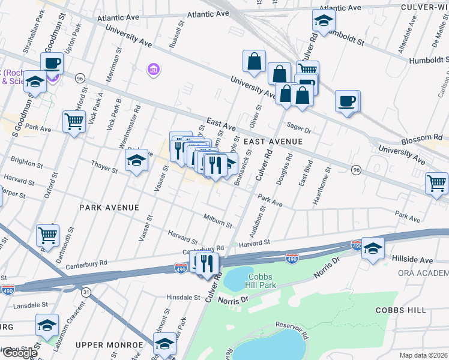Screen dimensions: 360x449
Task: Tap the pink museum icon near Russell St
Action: click(x=154, y=70)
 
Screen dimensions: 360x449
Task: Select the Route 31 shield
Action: click(x=86, y=292)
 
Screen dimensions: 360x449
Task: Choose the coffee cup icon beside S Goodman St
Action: click(x=52, y=63)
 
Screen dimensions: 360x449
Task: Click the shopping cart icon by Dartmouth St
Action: click(x=48, y=235)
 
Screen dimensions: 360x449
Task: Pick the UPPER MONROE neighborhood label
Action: click(x=109, y=344)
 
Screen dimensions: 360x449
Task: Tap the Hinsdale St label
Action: click(x=182, y=297)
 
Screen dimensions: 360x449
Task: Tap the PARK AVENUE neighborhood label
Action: click(x=109, y=207)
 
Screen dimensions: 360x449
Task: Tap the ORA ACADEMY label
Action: click(x=423, y=273)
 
